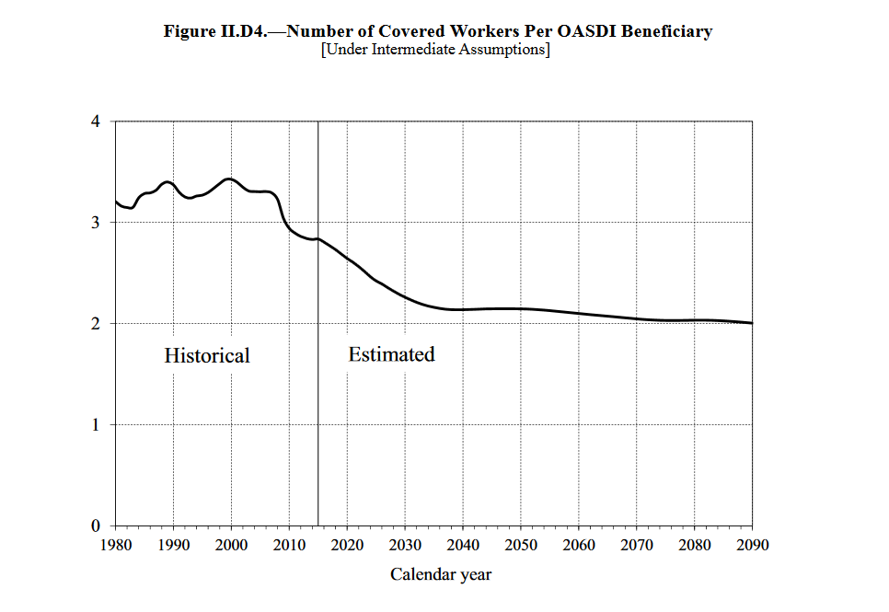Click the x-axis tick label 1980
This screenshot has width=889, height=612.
coord(115,545)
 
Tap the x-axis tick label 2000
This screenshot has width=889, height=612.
coord(231,545)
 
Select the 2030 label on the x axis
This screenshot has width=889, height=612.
coord(405,545)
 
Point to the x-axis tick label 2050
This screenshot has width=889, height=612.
coord(521,545)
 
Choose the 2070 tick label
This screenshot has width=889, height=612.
coord(637,545)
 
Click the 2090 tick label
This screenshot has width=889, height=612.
coord(752,545)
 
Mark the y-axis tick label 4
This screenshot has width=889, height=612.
coord(95,121)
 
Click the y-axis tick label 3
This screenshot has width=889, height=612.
coord(95,223)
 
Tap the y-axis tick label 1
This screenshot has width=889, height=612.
coord(95,425)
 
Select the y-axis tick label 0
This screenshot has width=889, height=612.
coord(95,526)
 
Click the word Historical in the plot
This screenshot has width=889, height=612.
coord(207,355)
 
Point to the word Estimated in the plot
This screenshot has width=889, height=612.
coord(391,354)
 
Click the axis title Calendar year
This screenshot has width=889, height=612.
coord(441,575)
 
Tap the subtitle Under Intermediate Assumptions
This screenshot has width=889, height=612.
coord(435,50)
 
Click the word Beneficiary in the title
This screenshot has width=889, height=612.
coord(666,31)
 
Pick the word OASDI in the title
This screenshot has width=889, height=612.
coord(588,31)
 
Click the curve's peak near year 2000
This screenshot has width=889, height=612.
coord(230,179)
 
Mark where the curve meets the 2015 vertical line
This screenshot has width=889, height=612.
coord(317,239)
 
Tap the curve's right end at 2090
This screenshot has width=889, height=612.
coord(752,323)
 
